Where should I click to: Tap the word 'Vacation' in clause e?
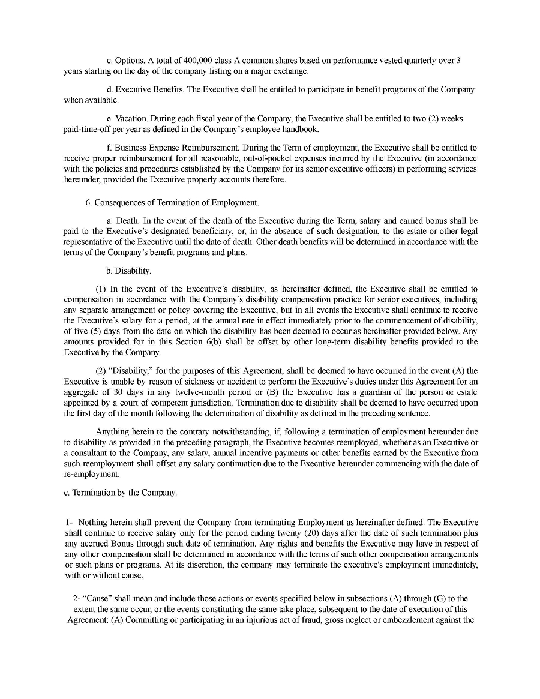130,119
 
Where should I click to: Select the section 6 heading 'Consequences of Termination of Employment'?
176,203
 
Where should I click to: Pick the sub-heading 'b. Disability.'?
128,271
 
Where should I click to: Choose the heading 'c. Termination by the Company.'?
121,493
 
